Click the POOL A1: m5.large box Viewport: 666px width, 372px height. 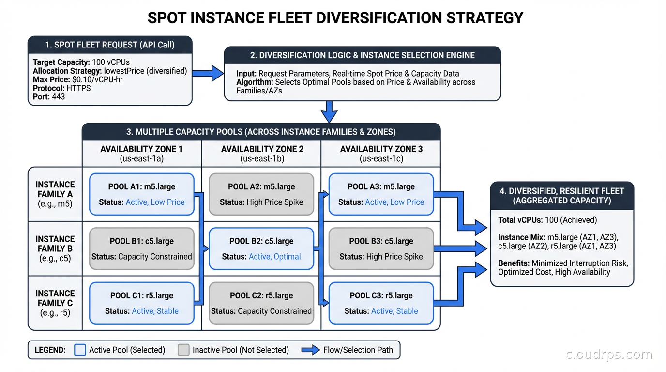pos(142,194)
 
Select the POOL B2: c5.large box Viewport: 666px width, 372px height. pos(261,248)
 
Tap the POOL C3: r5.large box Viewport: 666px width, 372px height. pos(381,303)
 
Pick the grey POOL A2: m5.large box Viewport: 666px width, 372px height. pos(261,194)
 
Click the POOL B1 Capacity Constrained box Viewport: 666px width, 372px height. pos(142,248)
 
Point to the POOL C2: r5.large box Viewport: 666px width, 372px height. pos(261,303)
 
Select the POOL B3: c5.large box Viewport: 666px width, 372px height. pos(381,248)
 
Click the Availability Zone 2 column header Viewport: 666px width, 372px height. pos(261,154)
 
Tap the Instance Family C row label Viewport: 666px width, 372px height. pos(55,303)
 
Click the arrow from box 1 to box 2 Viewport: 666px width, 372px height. pos(208,74)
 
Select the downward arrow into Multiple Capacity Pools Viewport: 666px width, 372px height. pos(329,112)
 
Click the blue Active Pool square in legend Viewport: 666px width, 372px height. pos(80,350)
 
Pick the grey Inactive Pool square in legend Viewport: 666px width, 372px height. pos(183,350)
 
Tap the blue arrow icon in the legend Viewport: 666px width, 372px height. pos(310,350)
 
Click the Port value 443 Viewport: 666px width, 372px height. pos(58,97)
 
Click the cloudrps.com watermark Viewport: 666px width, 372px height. pos(609,355)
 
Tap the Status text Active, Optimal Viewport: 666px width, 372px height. pos(274,257)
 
